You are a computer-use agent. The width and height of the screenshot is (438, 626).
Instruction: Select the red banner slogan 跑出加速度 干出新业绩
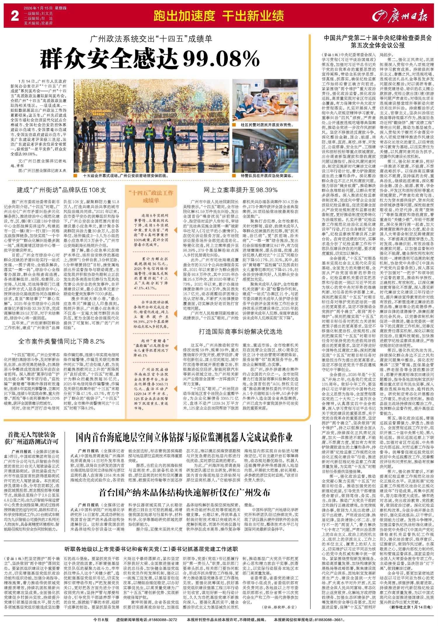[x=219, y=16]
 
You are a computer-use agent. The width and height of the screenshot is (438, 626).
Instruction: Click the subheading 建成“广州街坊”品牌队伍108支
[x=61, y=190]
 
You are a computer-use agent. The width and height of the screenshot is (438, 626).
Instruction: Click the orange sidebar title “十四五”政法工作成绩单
[x=151, y=197]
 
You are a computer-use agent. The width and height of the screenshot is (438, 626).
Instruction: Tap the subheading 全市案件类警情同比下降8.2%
[x=61, y=341]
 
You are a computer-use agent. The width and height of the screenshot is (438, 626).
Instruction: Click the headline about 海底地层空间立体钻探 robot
[x=184, y=437]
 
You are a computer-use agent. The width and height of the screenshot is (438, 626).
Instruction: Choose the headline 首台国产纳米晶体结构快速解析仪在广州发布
[x=185, y=492]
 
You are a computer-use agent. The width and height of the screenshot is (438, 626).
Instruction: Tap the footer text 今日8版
[x=101, y=619]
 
